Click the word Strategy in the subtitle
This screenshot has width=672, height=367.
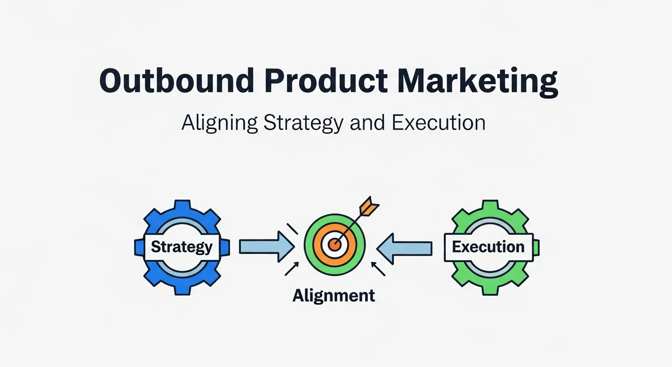tap(303, 123)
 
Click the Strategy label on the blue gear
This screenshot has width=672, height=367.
tap(181, 247)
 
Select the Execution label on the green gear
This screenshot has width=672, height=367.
tap(488, 247)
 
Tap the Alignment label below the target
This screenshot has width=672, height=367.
tap(334, 295)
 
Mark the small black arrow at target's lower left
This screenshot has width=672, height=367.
tap(292, 269)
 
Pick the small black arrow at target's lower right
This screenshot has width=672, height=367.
tap(378, 269)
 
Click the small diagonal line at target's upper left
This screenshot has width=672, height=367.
tap(292, 228)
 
